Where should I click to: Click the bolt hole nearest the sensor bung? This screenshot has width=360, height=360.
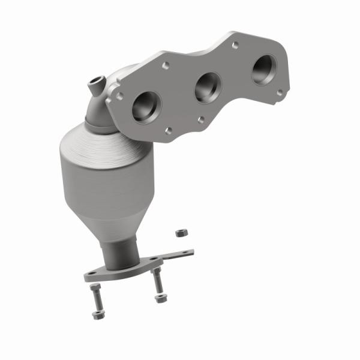(x=121, y=95)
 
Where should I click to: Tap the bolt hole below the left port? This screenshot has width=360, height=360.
(x=168, y=130)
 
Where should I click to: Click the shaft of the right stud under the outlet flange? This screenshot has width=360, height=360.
(x=157, y=281)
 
